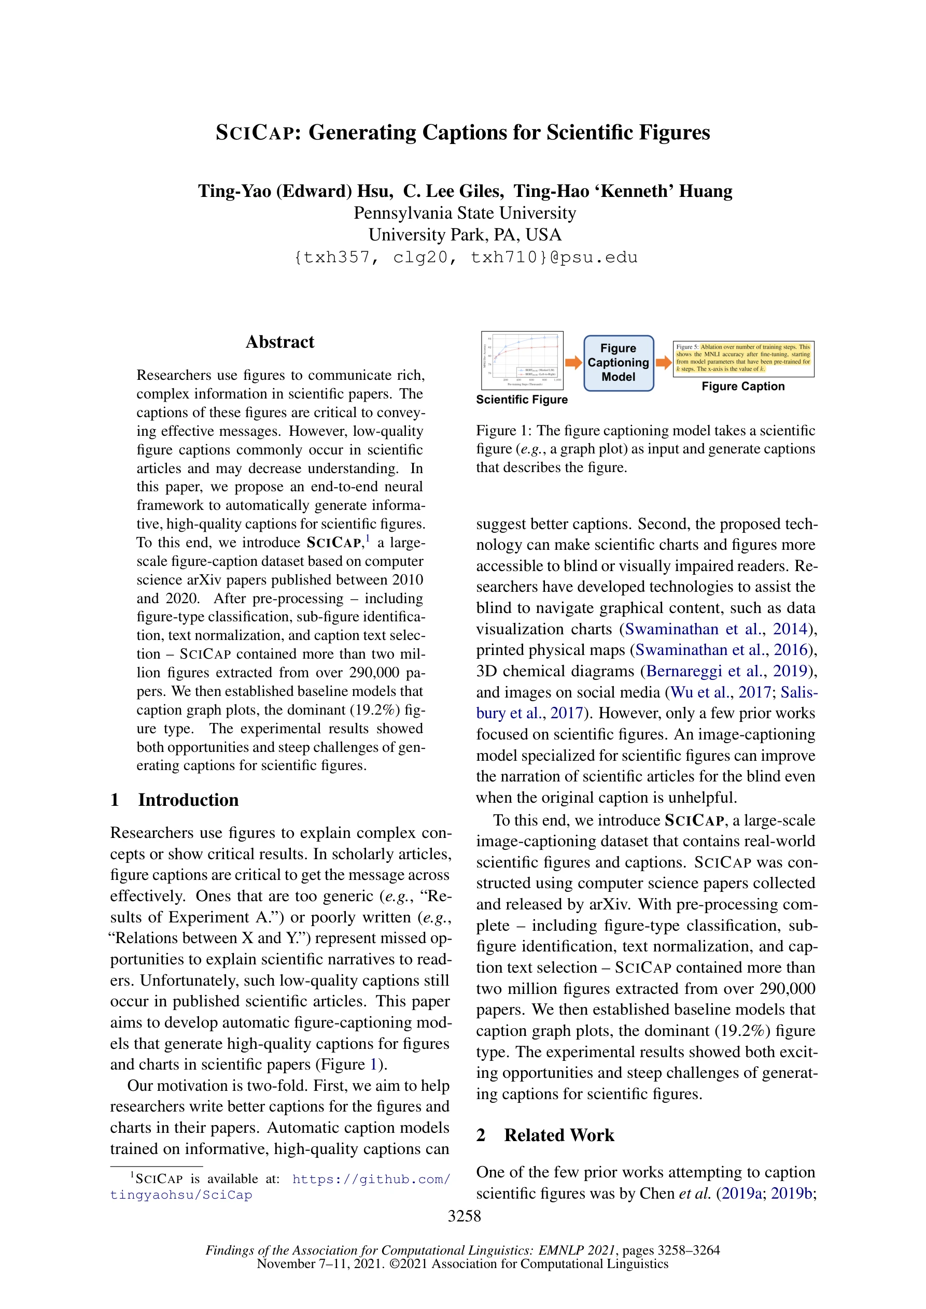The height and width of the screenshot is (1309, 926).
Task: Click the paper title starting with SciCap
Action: tap(462, 132)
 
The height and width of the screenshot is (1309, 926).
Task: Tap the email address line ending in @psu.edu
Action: tap(465, 258)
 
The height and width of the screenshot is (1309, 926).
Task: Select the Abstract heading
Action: tap(279, 342)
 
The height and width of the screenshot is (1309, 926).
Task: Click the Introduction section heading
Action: tap(188, 800)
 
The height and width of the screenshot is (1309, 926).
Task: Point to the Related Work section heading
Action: tap(558, 1135)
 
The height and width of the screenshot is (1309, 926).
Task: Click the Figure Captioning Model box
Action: tap(618, 363)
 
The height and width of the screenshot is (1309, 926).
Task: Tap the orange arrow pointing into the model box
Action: tap(573, 363)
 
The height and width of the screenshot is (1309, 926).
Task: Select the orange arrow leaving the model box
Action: tap(663, 363)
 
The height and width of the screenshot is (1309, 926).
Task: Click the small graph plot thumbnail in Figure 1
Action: tap(522, 360)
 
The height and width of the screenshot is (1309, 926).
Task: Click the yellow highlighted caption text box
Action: tap(743, 358)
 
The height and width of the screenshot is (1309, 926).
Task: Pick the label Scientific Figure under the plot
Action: tap(522, 400)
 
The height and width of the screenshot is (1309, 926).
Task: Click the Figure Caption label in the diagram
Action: tap(743, 387)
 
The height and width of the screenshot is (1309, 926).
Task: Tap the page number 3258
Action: tap(464, 1216)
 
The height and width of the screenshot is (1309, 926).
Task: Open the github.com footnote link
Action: tap(371, 1179)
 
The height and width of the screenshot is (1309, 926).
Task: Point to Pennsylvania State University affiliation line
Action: tap(465, 213)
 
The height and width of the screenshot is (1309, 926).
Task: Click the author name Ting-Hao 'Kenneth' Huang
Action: tap(623, 191)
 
